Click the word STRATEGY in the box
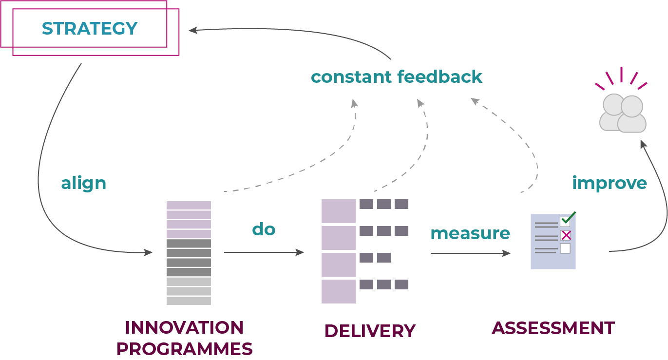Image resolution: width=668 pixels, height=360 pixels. click(90, 28)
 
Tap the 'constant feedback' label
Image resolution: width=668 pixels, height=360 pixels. click(396, 77)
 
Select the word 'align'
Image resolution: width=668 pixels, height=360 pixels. click(83, 184)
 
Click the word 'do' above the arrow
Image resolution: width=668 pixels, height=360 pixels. click(264, 229)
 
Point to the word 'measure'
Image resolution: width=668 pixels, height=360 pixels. click(470, 233)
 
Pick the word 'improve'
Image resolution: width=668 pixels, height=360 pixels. click(609, 183)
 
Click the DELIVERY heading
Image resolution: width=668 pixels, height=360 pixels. click(370, 331)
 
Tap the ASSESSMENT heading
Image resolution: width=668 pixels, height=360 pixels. click(553, 328)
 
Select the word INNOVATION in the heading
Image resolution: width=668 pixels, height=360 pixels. click(184, 327)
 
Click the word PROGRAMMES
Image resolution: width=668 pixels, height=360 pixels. click(185, 349)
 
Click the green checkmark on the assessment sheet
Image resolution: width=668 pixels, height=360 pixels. click(567, 219)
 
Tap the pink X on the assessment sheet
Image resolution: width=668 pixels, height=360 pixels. click(566, 236)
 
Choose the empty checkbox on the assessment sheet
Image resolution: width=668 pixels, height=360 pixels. click(565, 249)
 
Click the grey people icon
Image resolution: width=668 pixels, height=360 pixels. click(622, 114)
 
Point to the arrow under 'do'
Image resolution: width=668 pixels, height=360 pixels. click(264, 252)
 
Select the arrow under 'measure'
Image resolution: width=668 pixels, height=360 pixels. click(470, 253)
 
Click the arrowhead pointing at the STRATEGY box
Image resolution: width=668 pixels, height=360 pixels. click(193, 30)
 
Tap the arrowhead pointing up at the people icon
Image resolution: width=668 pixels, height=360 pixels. click(643, 144)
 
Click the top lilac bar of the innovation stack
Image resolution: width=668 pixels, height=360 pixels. click(189, 205)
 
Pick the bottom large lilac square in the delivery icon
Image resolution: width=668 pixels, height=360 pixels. click(339, 291)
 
